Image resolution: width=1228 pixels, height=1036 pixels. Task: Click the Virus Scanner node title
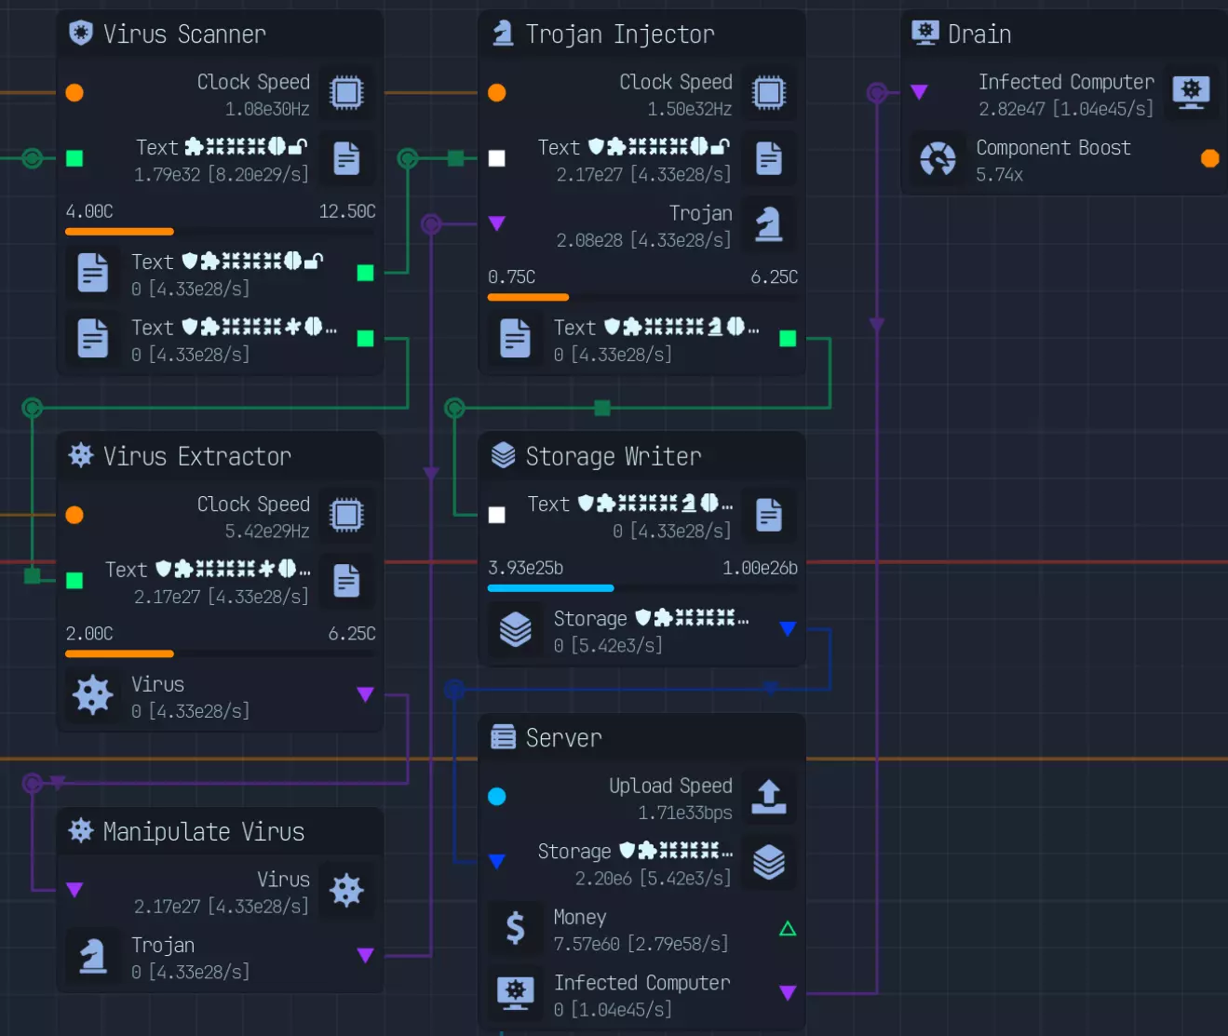(x=184, y=34)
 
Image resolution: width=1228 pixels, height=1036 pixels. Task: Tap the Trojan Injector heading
(x=619, y=34)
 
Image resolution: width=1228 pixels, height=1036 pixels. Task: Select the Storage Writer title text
(x=613, y=456)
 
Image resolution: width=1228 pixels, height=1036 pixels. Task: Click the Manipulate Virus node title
(x=203, y=831)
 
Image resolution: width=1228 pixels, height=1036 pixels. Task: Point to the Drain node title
(x=978, y=34)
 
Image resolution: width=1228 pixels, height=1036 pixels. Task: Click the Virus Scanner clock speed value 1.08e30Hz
(x=267, y=109)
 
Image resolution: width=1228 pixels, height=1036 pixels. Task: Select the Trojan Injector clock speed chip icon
(x=768, y=93)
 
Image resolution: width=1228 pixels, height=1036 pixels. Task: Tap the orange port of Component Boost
(x=1209, y=158)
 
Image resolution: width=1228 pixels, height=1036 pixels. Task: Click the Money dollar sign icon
(x=515, y=928)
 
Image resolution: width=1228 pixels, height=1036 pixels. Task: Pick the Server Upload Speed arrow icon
(x=768, y=797)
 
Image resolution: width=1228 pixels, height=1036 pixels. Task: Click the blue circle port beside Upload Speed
(x=497, y=797)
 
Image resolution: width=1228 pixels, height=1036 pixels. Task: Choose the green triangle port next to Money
(x=788, y=928)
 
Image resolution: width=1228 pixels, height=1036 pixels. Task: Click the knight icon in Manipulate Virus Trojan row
(x=93, y=956)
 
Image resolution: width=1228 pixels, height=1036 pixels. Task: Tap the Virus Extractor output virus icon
(x=93, y=695)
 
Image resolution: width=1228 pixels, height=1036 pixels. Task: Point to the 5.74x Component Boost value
(x=999, y=175)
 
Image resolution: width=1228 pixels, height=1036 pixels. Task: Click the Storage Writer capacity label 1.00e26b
(x=760, y=568)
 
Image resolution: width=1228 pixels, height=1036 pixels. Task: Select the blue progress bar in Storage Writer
(x=550, y=588)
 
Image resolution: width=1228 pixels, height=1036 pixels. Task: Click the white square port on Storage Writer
(x=497, y=515)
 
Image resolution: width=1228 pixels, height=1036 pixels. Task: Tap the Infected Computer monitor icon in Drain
(x=1191, y=93)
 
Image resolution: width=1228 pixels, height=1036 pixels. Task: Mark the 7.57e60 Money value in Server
(x=587, y=944)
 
